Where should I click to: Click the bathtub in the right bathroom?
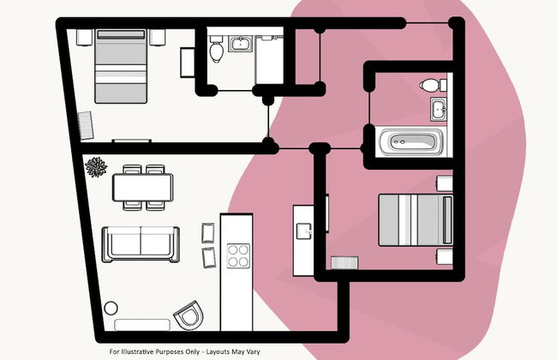pyautogui.click(x=411, y=142)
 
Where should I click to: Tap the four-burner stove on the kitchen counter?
pyautogui.click(x=238, y=256)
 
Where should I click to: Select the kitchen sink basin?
pyautogui.click(x=304, y=231)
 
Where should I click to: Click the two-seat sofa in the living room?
pyautogui.click(x=141, y=244)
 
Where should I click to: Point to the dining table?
pyautogui.click(x=143, y=187)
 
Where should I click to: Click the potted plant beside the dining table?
pyautogui.click(x=96, y=167)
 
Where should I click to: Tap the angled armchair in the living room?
pyautogui.click(x=189, y=315)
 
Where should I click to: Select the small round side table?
pyautogui.click(x=111, y=308)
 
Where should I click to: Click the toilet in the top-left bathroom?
pyautogui.click(x=216, y=50)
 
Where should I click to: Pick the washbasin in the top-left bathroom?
pyautogui.click(x=241, y=44)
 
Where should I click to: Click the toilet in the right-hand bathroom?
pyautogui.click(x=433, y=86)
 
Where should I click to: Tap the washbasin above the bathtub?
pyautogui.click(x=439, y=110)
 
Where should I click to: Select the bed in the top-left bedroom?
pyautogui.click(x=121, y=66)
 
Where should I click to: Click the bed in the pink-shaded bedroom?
pyautogui.click(x=416, y=220)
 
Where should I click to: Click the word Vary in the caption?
pyautogui.click(x=254, y=351)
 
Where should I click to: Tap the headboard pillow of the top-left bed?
pyautogui.click(x=121, y=35)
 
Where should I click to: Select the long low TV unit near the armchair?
pyautogui.click(x=142, y=325)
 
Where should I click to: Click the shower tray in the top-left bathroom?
pyautogui.click(x=269, y=60)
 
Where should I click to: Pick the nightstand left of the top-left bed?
pyautogui.click(x=85, y=38)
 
